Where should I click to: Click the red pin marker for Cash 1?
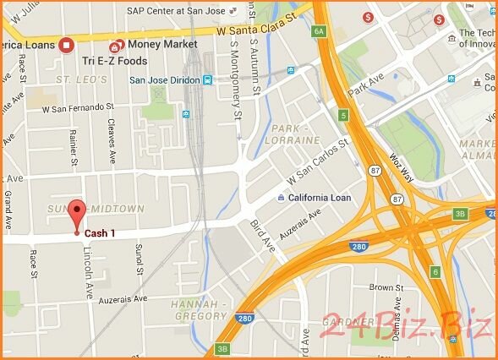(78, 214)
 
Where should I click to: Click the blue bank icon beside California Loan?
(281, 198)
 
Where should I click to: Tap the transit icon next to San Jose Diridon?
(207, 80)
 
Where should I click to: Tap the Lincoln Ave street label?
(87, 272)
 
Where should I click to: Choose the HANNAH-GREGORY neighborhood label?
(200, 309)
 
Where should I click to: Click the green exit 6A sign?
(319, 31)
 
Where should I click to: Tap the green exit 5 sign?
(343, 114)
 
